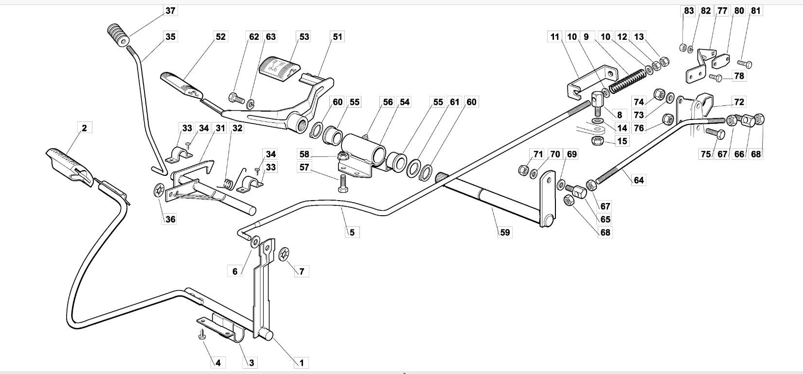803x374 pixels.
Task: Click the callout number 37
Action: coord(170,11)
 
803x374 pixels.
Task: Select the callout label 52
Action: coord(220,37)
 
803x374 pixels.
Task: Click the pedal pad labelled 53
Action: coord(279,70)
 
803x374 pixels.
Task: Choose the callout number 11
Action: coord(555,37)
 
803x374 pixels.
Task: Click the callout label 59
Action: coord(505,233)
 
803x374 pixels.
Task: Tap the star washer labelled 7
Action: coord(284,254)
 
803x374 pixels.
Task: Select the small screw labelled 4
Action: coord(202,334)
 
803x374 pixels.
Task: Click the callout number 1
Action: coord(302,363)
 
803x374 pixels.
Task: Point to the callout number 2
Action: coord(84,128)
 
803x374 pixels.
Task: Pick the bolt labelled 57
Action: coord(343,184)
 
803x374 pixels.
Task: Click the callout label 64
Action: coord(639,180)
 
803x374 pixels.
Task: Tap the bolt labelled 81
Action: coord(745,64)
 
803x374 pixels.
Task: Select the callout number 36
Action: coord(170,220)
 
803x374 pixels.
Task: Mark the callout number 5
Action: coord(352,233)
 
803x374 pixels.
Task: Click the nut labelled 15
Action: coord(597,140)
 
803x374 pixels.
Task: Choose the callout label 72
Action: coord(739,102)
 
